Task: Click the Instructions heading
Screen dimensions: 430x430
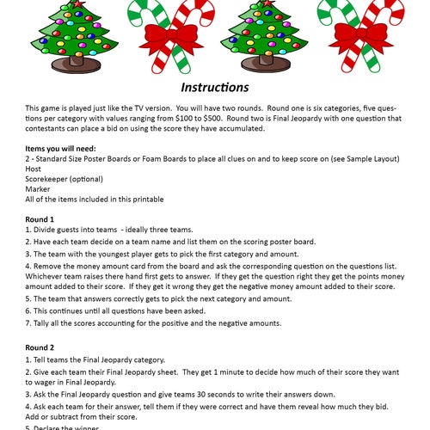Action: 214,88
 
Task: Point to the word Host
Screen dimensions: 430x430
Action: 35,169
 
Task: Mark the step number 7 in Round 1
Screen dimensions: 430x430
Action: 28,323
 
